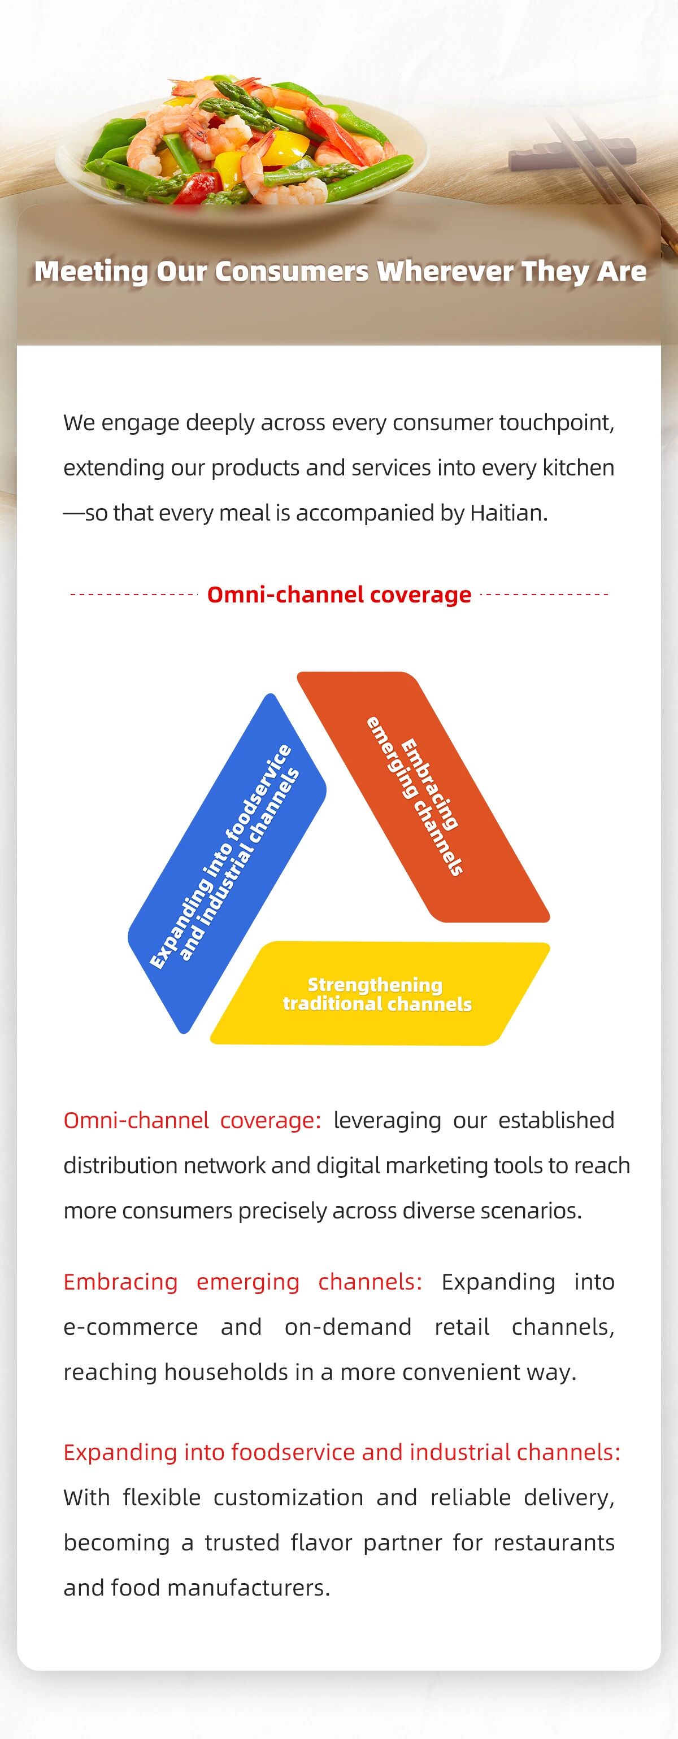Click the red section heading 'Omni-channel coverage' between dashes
[339, 595]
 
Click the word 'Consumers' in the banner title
[292, 272]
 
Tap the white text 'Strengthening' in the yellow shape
[375, 985]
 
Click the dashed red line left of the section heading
[132, 595]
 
